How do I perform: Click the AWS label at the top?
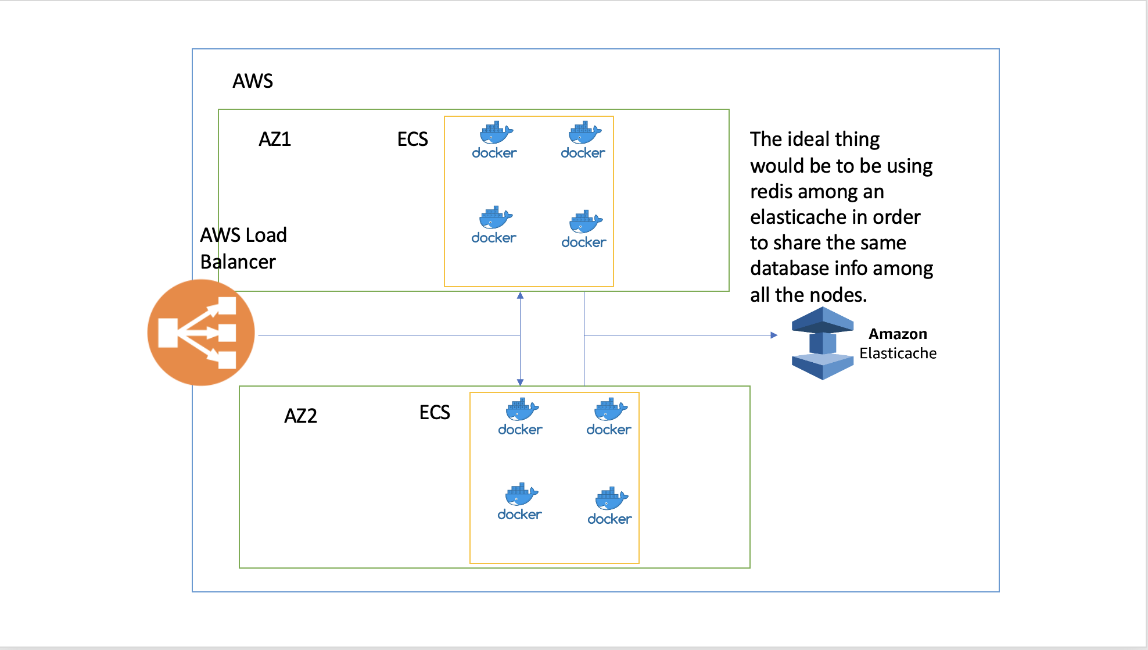pyautogui.click(x=253, y=81)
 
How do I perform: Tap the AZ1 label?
pyautogui.click(x=275, y=139)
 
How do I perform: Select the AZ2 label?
pyautogui.click(x=300, y=416)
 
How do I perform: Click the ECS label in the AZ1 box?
pyautogui.click(x=412, y=139)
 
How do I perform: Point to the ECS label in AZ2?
pyautogui.click(x=435, y=412)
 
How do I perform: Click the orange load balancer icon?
pyautogui.click(x=201, y=333)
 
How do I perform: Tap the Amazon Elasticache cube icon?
pyautogui.click(x=822, y=343)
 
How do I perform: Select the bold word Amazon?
pyautogui.click(x=898, y=334)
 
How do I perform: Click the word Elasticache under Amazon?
pyautogui.click(x=898, y=353)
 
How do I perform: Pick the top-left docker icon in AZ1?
pyautogui.click(x=494, y=140)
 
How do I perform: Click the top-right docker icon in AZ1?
pyautogui.click(x=583, y=140)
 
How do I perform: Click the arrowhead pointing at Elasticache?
pyautogui.click(x=774, y=335)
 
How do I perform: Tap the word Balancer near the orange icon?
pyautogui.click(x=238, y=262)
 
